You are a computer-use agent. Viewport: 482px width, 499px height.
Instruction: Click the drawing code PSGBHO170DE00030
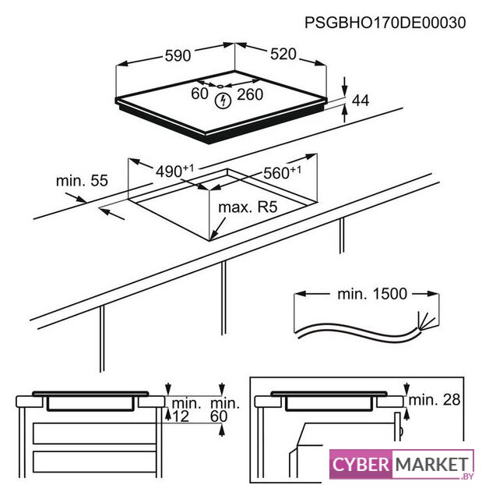pyautogui.click(x=385, y=23)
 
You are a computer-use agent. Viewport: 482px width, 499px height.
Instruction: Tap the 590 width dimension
pyautogui.click(x=178, y=55)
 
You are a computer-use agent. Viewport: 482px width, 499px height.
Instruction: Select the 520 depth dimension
pyautogui.click(x=283, y=54)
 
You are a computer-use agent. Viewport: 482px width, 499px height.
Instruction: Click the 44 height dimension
pyautogui.click(x=361, y=101)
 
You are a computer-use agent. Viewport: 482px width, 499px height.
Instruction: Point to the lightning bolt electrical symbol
pyautogui.click(x=223, y=101)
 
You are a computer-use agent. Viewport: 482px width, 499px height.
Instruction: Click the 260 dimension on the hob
pyautogui.click(x=250, y=94)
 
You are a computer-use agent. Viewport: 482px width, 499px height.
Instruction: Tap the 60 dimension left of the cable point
pyautogui.click(x=199, y=94)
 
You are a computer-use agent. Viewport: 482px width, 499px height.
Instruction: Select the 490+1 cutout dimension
pyautogui.click(x=174, y=171)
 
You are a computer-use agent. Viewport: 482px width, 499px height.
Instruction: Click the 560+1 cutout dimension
pyautogui.click(x=282, y=172)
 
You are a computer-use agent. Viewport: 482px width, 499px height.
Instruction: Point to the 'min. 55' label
pyautogui.click(x=82, y=180)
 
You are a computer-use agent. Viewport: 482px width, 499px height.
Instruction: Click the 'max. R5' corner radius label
pyautogui.click(x=248, y=207)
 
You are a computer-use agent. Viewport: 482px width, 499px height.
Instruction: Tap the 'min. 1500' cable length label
pyautogui.click(x=372, y=294)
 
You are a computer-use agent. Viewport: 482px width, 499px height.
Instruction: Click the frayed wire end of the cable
pyautogui.click(x=426, y=320)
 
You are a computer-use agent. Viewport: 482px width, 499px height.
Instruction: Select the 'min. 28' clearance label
pyautogui.click(x=434, y=400)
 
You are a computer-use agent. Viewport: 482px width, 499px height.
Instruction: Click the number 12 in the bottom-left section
pyautogui.click(x=181, y=416)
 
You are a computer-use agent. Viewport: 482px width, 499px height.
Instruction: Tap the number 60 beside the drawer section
pyautogui.click(x=219, y=416)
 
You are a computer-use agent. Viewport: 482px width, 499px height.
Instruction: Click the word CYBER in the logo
pyautogui.click(x=361, y=465)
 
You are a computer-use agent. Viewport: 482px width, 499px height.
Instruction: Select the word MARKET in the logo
pyautogui.click(x=432, y=465)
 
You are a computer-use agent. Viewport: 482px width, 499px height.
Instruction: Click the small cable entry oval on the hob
pyautogui.click(x=220, y=86)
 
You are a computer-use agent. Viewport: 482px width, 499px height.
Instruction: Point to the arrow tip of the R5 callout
pyautogui.click(x=210, y=239)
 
